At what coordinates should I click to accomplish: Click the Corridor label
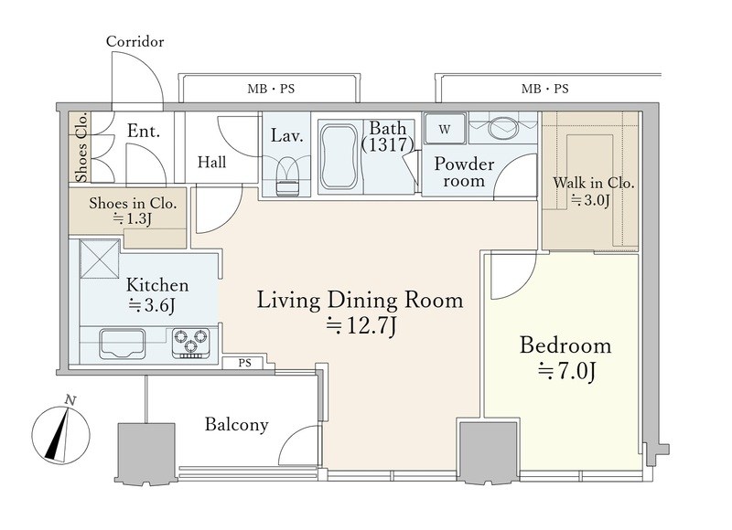[x=135, y=41]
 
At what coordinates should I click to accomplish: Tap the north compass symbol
[x=60, y=434]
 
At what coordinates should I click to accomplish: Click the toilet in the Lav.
[x=286, y=177]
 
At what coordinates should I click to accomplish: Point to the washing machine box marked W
[x=445, y=129]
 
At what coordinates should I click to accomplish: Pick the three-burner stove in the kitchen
[x=190, y=343]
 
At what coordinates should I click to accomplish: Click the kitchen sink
[x=122, y=344]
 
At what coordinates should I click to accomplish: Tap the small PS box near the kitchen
[x=244, y=362]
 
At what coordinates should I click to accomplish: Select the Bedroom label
[x=565, y=345]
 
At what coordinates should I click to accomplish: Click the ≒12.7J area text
[x=361, y=326]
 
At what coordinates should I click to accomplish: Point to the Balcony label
[x=237, y=425]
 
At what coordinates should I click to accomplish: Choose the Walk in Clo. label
[x=593, y=183]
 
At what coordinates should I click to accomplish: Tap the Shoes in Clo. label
[x=133, y=203]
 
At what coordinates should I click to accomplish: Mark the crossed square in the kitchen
[x=100, y=259]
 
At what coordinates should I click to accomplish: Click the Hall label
[x=212, y=163]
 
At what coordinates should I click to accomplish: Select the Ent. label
[x=144, y=131]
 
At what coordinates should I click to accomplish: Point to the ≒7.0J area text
[x=566, y=372]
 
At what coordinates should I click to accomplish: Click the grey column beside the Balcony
[x=146, y=451]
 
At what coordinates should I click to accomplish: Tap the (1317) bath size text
[x=387, y=145]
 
